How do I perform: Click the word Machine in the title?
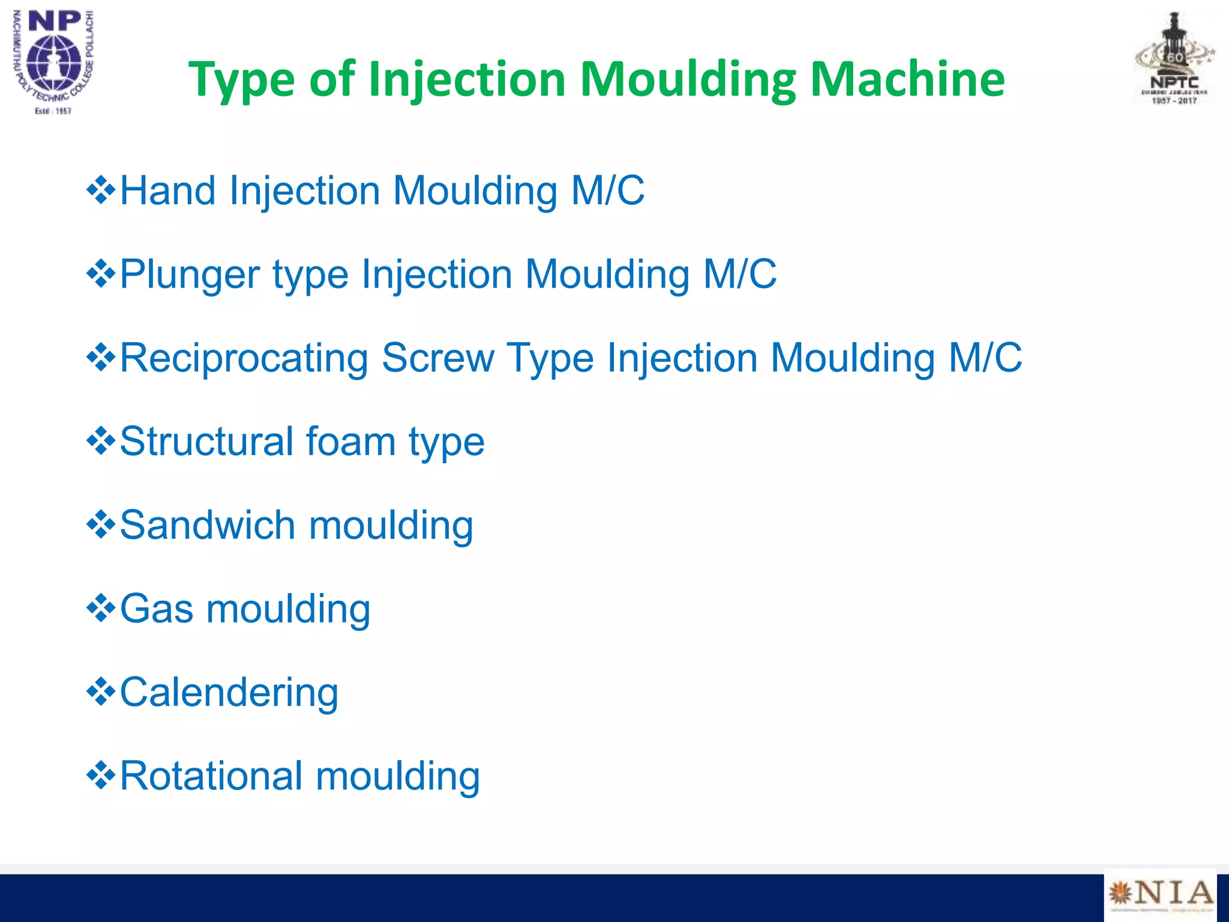pos(907,79)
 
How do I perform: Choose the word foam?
pos(351,442)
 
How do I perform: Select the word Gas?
pos(157,609)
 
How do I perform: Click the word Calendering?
pos(229,693)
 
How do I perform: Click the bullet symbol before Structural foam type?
pos(101,442)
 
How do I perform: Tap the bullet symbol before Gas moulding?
pos(101,609)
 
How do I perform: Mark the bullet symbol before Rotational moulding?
pos(101,776)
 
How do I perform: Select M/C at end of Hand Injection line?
pos(607,191)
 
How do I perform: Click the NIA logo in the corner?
pos(1161,894)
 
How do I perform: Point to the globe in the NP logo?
pos(54,63)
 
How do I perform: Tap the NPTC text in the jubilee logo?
pos(1174,83)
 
